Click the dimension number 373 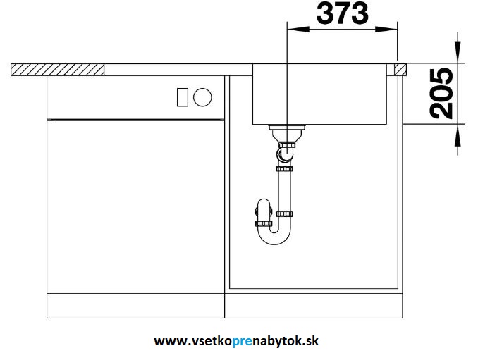click(343, 13)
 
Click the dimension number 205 click(442, 93)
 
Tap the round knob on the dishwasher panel click(202, 97)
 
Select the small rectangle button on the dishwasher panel click(183, 97)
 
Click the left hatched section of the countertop click(58, 70)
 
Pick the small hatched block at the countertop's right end click(400, 70)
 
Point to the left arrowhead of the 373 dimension click(298, 30)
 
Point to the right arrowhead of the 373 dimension click(386, 30)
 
